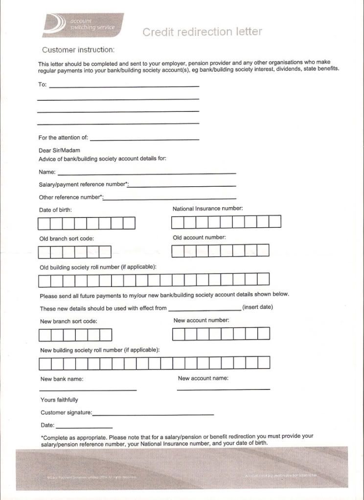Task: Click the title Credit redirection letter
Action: coord(202,32)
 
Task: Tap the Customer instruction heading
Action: coord(78,50)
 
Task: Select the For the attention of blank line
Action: coord(144,139)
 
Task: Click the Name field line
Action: coord(147,173)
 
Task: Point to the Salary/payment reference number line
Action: coord(182,186)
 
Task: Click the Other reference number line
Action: coord(170,198)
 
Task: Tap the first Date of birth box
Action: coord(44,223)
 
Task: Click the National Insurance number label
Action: coord(207,209)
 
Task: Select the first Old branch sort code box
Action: coord(44,252)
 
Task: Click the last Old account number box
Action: coord(263,251)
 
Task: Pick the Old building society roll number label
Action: coord(98,267)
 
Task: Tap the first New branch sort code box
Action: coord(45,335)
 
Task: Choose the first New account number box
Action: coord(179,334)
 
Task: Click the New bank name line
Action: coord(88,390)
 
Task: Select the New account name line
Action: coord(223,389)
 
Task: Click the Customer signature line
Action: coord(153,414)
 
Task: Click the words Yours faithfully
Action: coord(59,400)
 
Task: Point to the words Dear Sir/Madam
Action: coord(59,151)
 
